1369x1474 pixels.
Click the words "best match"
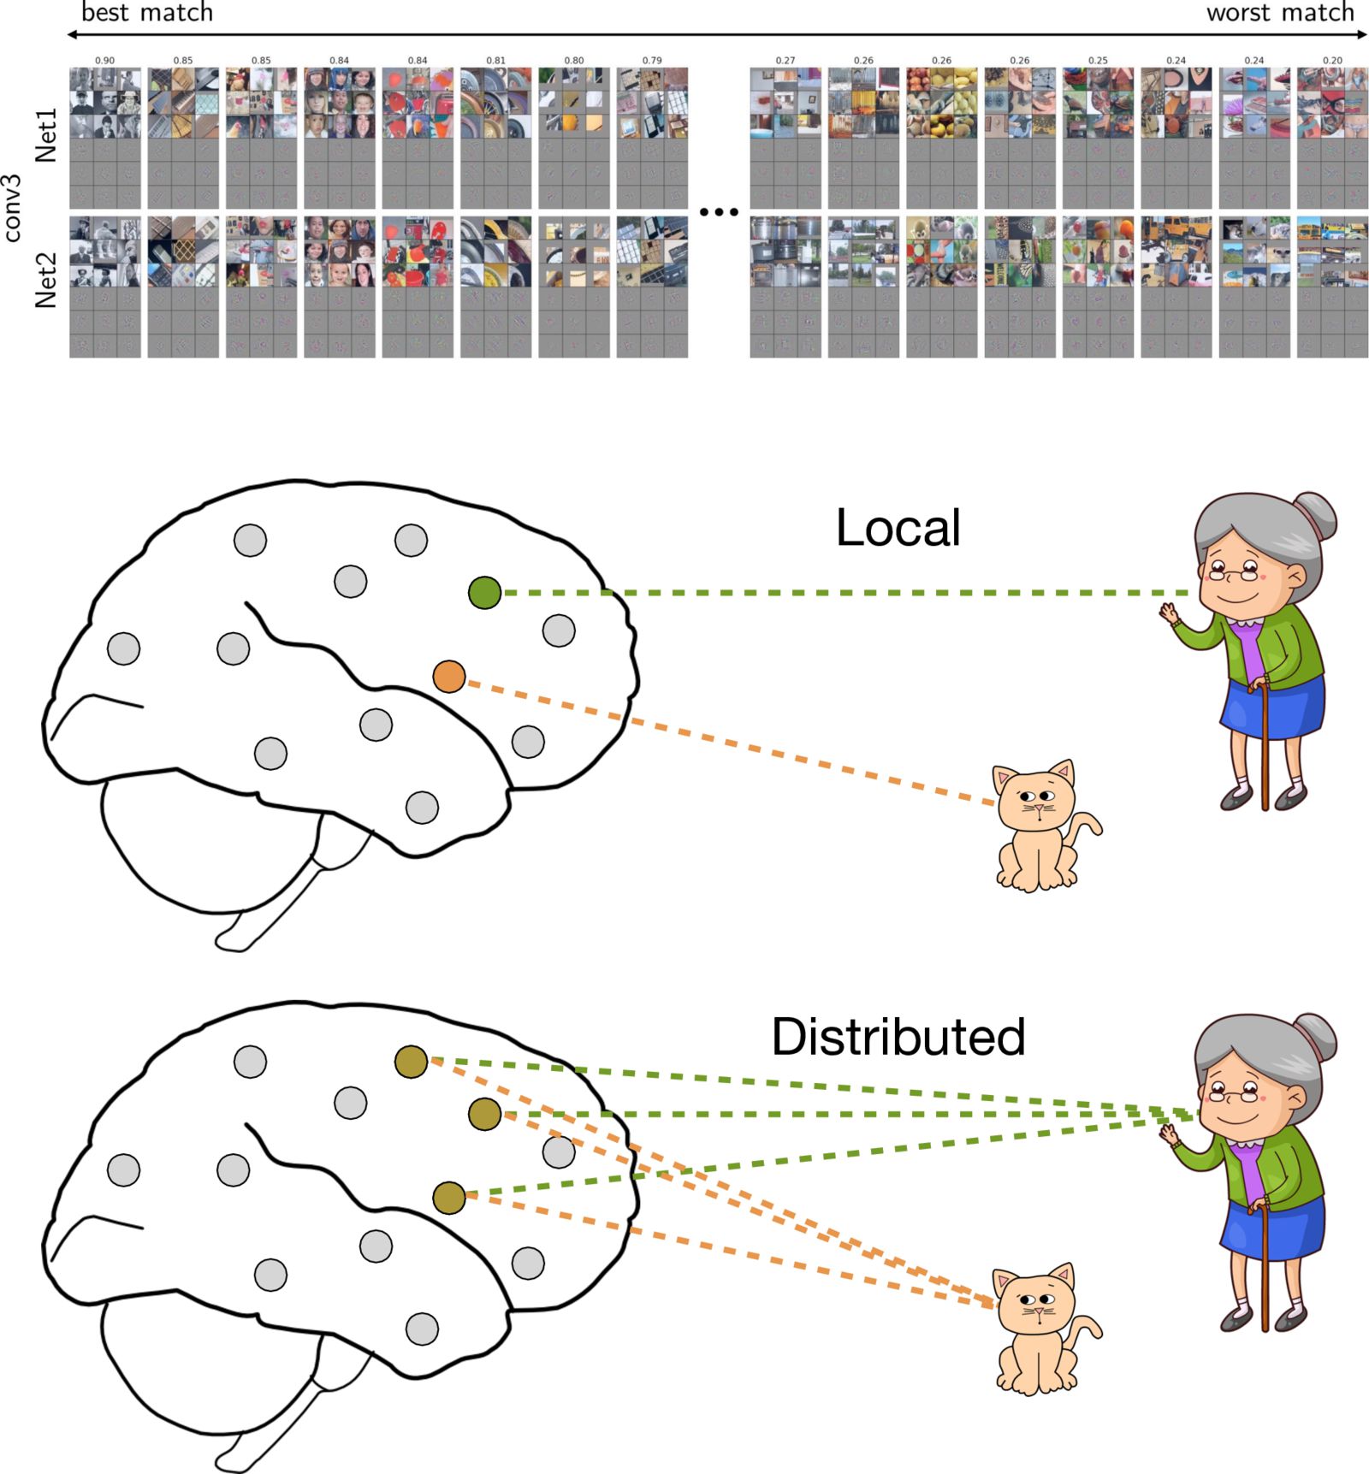[x=147, y=12]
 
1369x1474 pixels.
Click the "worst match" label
[x=1280, y=12]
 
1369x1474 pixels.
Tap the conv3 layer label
[x=12, y=209]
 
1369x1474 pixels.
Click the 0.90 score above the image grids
[x=104, y=61]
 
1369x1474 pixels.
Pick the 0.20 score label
[x=1332, y=61]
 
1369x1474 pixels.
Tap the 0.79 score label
[x=652, y=61]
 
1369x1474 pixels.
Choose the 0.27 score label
[x=785, y=61]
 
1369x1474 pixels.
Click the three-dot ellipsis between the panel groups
[x=719, y=211]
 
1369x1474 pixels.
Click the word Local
[x=898, y=528]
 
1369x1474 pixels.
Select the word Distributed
[x=898, y=1037]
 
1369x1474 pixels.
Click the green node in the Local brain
[x=484, y=593]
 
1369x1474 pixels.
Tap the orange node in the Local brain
[x=449, y=677]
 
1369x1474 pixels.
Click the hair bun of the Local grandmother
[x=1318, y=514]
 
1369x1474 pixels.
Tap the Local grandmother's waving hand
[x=1168, y=613]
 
